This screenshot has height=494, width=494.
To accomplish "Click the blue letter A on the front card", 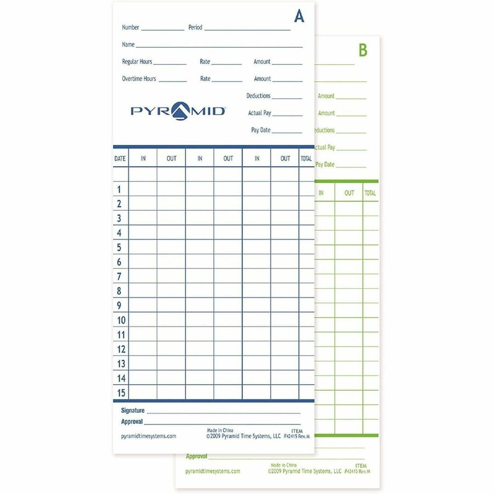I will point(299,17).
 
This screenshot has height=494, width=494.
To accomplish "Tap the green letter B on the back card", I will point(363,50).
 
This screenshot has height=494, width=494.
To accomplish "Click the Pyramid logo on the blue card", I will point(178,111).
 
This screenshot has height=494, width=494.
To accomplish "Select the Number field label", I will point(131,27).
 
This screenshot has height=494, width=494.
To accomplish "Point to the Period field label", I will point(195,27).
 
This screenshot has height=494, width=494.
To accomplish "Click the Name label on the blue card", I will point(128,44).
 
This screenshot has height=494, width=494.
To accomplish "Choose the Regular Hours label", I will point(137,61).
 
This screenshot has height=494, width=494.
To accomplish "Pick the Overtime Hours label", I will point(139,78).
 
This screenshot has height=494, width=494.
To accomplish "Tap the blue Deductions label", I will point(259,96).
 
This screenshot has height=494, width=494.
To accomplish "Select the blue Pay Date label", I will point(261,130).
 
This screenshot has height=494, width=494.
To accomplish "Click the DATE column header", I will point(120,159).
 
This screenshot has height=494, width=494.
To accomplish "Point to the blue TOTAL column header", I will point(306,159).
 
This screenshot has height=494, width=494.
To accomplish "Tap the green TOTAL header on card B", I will point(370,193).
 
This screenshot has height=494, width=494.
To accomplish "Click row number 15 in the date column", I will point(121,392).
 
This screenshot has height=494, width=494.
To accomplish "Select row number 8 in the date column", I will point(119,291).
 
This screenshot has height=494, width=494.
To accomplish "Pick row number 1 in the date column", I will point(119,189).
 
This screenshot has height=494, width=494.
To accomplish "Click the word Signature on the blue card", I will point(133,411).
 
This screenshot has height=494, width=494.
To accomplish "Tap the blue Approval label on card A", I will point(132,422).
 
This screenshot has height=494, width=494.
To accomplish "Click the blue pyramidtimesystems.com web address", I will point(148,436).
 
